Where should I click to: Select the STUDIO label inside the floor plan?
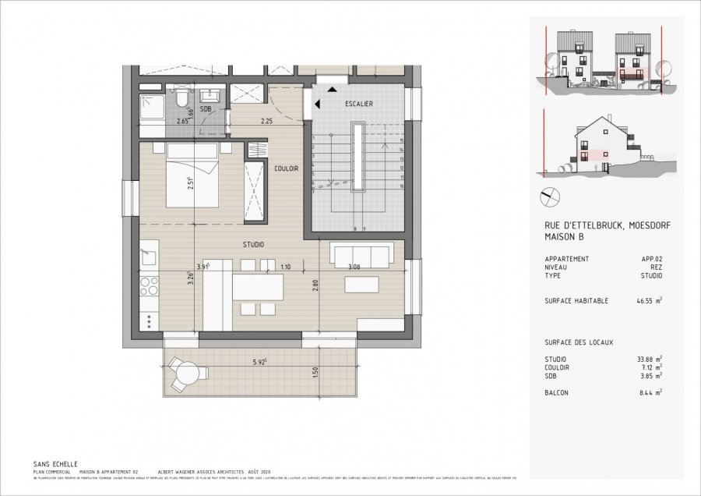pos(252,244)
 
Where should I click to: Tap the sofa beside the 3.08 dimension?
pos(361,253)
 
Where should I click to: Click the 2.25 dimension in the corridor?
pos(266,121)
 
